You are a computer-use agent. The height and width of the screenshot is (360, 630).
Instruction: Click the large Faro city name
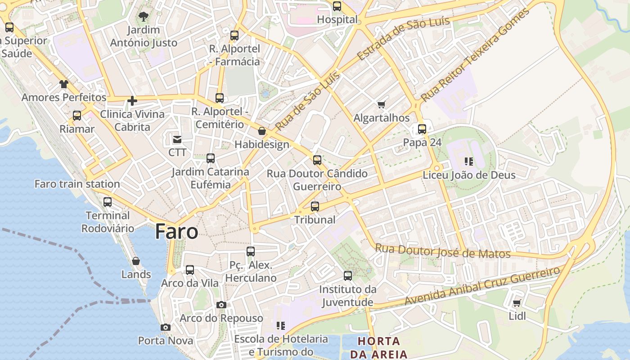click(x=176, y=232)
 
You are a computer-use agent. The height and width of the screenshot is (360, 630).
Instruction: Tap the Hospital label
click(x=337, y=19)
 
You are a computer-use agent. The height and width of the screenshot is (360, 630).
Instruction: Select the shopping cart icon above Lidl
click(x=517, y=303)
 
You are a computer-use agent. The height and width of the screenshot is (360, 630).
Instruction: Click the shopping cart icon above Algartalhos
click(x=382, y=105)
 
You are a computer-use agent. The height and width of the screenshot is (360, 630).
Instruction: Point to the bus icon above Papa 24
click(x=422, y=129)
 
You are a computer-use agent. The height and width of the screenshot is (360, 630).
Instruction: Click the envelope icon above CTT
click(x=177, y=139)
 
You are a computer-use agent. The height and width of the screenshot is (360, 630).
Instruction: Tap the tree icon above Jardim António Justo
click(x=144, y=17)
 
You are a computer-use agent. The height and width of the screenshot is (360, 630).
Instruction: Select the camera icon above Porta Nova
click(x=166, y=327)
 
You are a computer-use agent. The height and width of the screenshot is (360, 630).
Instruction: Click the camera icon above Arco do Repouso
click(x=221, y=305)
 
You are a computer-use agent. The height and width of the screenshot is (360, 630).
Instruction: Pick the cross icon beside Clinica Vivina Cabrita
click(x=132, y=101)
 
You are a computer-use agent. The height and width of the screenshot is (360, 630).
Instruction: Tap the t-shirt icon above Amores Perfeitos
click(x=63, y=84)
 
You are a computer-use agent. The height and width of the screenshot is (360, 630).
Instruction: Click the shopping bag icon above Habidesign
click(x=262, y=131)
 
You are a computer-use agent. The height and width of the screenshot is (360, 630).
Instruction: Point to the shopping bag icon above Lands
click(x=136, y=261)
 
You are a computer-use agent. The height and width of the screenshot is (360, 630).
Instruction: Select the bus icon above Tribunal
click(x=315, y=207)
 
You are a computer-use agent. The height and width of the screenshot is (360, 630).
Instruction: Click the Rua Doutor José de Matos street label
click(x=443, y=251)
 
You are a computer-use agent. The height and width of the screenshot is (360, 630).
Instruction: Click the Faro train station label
click(x=77, y=184)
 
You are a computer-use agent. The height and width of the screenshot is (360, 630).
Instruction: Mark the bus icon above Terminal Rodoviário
click(x=108, y=202)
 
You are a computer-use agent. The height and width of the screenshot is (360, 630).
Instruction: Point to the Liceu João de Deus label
click(x=469, y=175)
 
